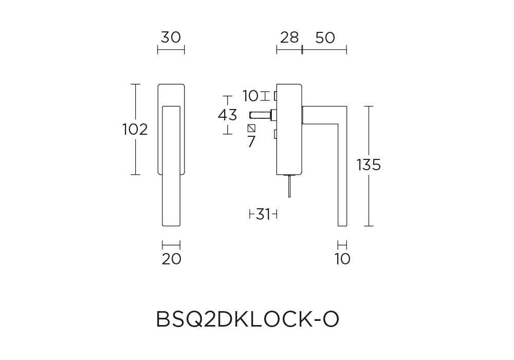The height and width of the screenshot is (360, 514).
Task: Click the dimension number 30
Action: (x=171, y=38)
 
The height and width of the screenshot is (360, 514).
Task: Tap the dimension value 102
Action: (x=135, y=130)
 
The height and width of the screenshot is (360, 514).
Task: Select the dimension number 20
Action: (x=172, y=259)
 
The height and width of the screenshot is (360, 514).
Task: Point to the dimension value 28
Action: (x=289, y=38)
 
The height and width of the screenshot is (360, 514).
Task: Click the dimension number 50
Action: (x=325, y=38)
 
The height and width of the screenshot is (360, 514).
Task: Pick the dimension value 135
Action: (x=369, y=165)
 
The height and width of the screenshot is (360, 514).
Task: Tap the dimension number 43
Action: (x=228, y=115)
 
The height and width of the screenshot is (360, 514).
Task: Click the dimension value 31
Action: (x=263, y=214)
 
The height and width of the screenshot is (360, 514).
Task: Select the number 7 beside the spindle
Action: (x=251, y=141)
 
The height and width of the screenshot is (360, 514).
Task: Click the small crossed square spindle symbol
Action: (x=251, y=128)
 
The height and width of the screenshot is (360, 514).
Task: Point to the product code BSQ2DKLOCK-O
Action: (x=248, y=319)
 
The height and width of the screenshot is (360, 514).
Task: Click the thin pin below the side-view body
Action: (x=289, y=186)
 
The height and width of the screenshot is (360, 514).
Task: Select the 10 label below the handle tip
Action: (x=342, y=259)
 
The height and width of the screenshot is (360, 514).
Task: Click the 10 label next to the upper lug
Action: (x=251, y=96)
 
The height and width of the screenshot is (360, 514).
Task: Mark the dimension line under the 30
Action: (x=171, y=50)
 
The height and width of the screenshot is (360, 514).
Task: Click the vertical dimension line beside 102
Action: (x=136, y=129)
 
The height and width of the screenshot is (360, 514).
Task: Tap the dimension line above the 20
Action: (x=171, y=245)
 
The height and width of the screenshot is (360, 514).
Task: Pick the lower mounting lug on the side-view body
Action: (x=276, y=134)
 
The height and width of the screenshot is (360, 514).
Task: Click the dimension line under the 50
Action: (x=324, y=50)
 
